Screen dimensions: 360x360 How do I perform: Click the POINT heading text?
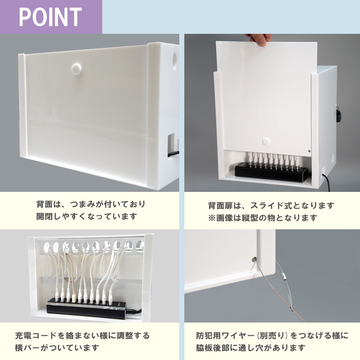tap(50, 17)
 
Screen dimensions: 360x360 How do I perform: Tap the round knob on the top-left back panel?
tap(76, 69)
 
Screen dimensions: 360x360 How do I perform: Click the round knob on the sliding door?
tap(266, 141)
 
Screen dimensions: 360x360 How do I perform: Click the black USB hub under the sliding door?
tap(271, 171)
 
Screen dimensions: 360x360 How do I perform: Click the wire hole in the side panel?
tap(254, 260)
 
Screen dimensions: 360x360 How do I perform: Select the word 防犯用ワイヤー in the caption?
tap(225, 336)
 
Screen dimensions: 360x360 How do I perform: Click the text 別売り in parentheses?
tap(272, 336)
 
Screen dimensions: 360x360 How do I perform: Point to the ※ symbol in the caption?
tap(212, 218)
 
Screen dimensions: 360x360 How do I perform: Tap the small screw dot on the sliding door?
tap(309, 151)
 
